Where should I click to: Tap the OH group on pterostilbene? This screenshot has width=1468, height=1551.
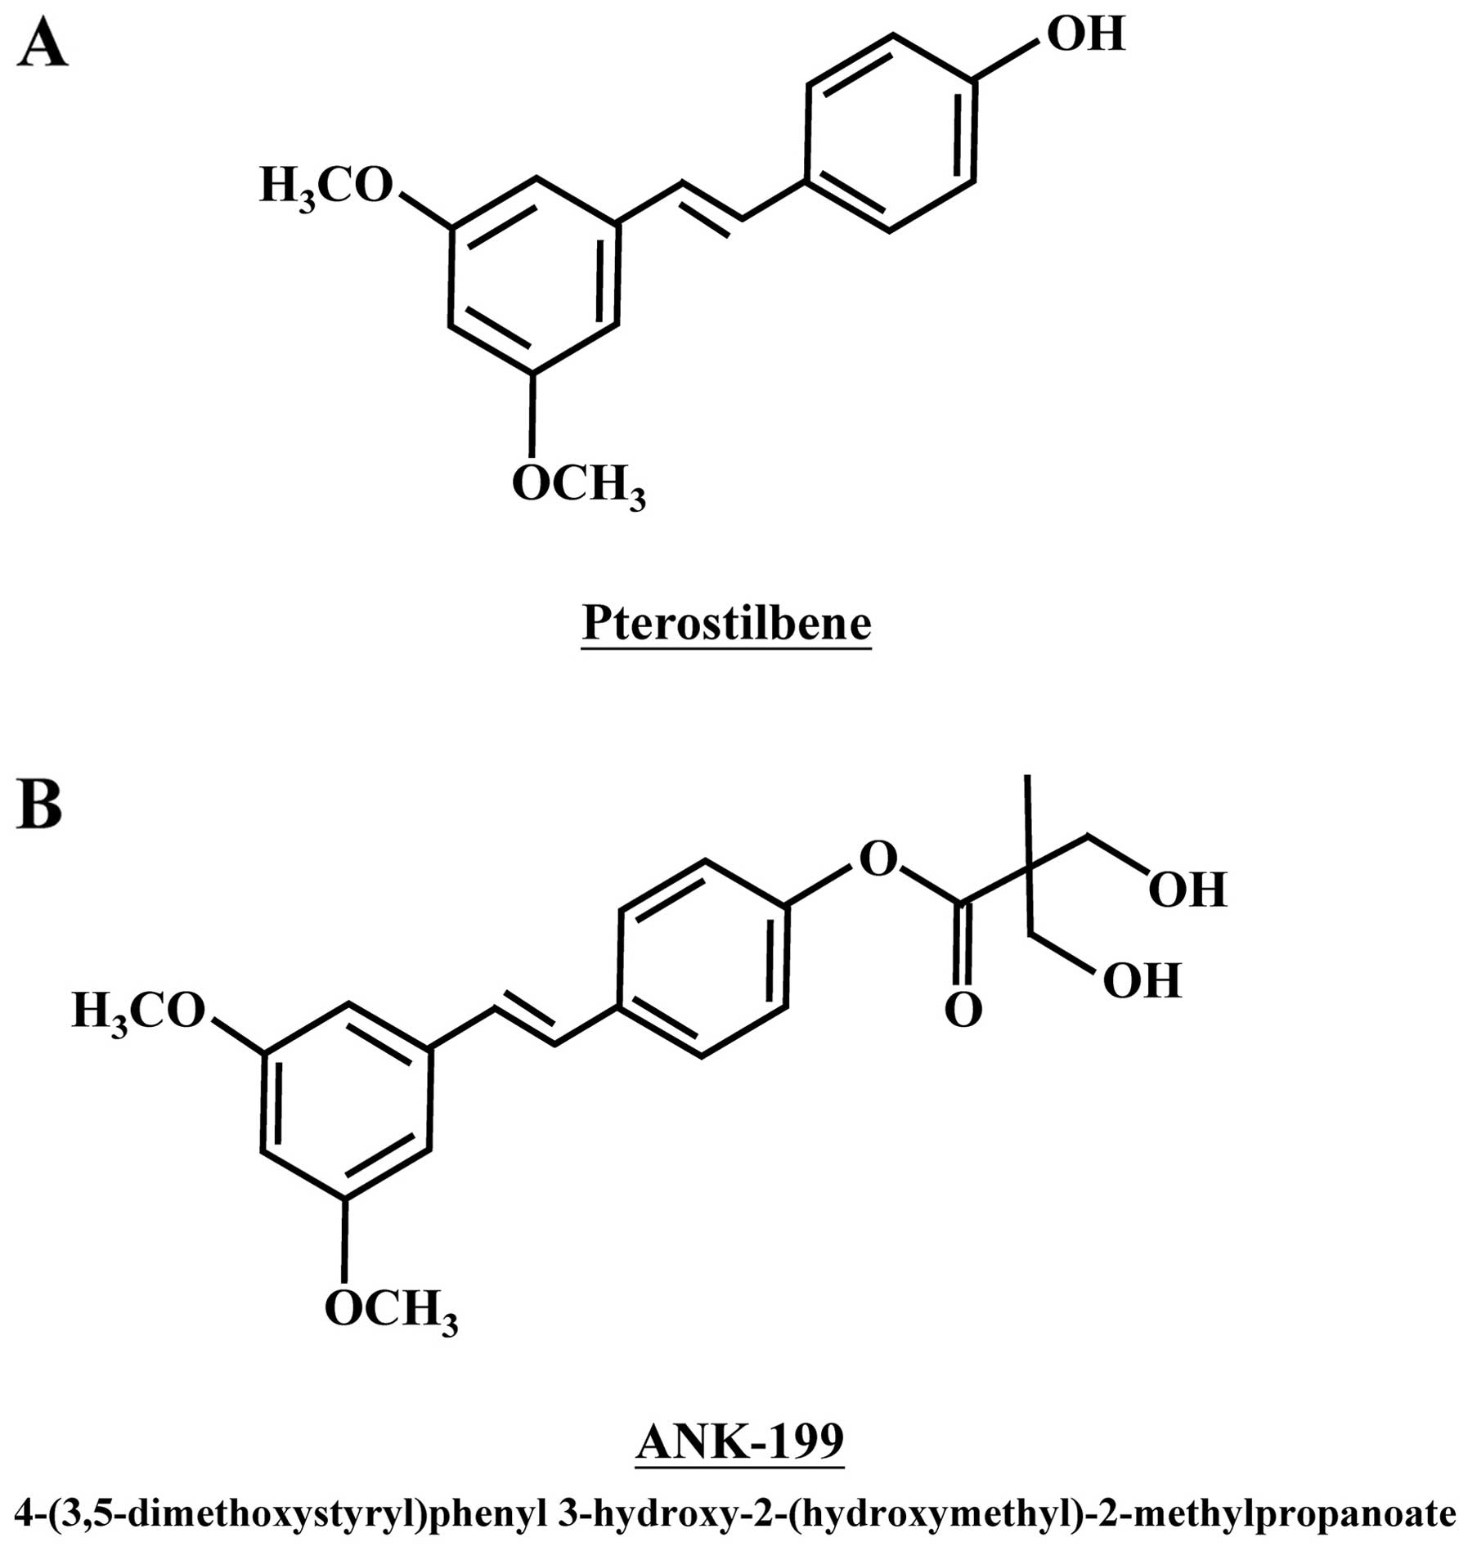coord(1085,34)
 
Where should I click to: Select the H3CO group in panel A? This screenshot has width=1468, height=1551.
coord(326,186)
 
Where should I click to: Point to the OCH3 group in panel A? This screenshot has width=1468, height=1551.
coord(578,486)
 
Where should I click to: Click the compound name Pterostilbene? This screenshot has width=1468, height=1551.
coord(726,624)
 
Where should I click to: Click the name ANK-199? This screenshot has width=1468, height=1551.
coord(739,1441)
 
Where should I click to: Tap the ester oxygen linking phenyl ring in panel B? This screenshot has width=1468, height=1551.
coord(878,859)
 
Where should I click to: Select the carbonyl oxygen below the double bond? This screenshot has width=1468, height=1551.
coord(963,1011)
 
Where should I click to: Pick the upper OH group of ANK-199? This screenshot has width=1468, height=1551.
coord(1187,890)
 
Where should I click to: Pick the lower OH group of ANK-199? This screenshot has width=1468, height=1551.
coord(1142,980)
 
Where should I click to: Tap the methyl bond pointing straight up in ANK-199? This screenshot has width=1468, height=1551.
coord(1028,818)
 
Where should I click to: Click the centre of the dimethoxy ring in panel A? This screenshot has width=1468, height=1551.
coord(533,276)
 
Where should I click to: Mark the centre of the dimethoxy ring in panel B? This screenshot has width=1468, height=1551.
coord(346,1100)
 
